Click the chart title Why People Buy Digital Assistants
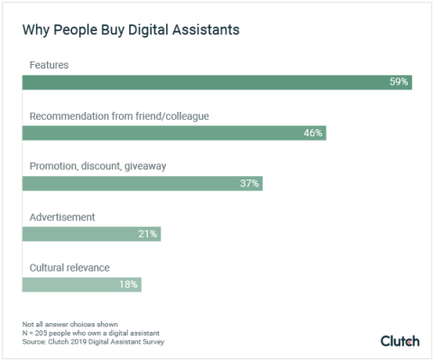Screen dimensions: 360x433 coord(132,30)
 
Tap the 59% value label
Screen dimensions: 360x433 coord(399,82)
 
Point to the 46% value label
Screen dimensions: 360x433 coord(312,133)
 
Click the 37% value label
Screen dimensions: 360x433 coord(250,183)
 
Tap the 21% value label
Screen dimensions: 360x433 coord(148,234)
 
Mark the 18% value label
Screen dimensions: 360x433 coord(128,284)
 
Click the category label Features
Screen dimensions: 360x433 coord(49,66)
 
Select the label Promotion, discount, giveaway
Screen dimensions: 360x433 coord(97,167)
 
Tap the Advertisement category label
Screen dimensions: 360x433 coord(62,217)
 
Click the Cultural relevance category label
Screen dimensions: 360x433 coord(70,268)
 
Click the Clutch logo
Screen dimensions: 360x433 coord(400,340)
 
